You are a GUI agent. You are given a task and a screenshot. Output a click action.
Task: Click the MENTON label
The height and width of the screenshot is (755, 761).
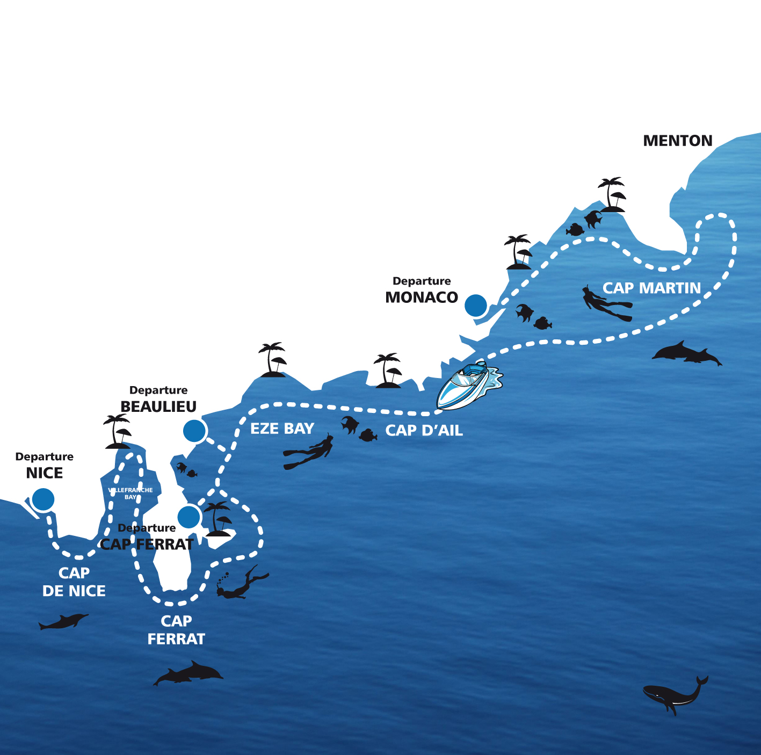677,141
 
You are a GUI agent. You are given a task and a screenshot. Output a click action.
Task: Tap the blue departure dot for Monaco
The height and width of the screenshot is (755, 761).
476,305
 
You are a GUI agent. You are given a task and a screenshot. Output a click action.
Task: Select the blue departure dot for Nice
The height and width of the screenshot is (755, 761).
43,499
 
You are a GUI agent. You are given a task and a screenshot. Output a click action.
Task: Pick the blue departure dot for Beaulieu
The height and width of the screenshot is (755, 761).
194,431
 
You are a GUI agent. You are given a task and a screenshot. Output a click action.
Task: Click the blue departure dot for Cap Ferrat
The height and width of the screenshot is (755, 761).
189,517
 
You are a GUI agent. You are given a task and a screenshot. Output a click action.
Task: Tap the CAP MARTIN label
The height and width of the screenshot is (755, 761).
651,288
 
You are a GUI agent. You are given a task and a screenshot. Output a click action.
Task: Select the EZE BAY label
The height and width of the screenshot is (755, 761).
282,429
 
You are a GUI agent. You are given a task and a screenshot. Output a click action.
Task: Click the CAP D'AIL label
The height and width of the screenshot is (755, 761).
424,431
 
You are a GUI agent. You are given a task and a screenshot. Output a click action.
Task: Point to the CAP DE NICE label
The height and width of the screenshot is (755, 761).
74,582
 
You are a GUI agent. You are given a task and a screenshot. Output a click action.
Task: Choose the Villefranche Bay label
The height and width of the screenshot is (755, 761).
131,493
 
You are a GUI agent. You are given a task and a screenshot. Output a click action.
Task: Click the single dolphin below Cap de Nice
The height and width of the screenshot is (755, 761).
64,621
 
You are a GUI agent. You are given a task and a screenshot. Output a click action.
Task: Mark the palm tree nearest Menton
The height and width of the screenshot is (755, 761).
612,194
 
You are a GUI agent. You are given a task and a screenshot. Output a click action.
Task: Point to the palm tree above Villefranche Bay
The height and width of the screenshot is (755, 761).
118,431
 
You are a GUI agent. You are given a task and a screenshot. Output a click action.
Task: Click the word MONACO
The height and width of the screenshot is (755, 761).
422,297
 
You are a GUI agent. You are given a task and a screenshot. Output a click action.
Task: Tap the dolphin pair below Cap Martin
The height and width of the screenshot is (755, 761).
687,353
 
